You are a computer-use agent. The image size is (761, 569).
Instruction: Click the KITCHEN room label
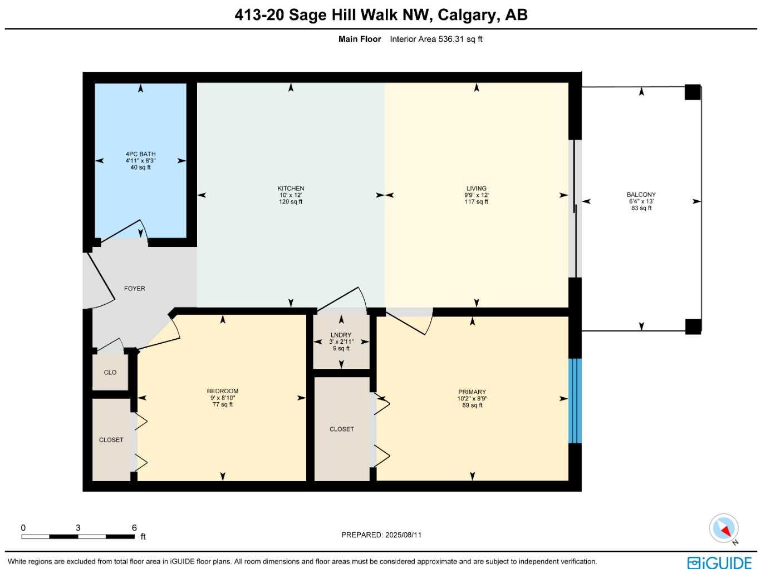coord(291,189)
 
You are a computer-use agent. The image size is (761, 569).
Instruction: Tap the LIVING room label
coord(477,189)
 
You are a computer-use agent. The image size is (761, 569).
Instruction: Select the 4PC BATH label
coord(140,154)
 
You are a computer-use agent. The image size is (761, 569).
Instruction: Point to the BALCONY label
coord(641,195)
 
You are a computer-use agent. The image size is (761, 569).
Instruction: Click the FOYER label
coord(134,289)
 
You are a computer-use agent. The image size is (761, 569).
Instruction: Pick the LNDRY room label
coord(341,335)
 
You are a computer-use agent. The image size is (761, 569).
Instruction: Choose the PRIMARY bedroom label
coord(472,392)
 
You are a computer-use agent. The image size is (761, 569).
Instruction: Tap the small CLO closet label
coord(110,373)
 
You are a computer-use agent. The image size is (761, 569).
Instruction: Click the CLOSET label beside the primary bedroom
coord(341,429)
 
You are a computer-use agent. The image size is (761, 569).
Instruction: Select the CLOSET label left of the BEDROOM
coord(111,440)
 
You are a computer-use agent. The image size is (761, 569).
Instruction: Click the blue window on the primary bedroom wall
coord(575,401)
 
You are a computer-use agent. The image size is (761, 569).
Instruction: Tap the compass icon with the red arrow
coord(724,528)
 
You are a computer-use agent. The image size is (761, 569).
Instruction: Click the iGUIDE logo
coord(719,562)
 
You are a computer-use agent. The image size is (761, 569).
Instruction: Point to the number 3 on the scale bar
coord(78,528)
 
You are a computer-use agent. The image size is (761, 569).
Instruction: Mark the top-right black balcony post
coord(693,92)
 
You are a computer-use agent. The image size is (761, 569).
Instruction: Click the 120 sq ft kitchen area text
coord(291,202)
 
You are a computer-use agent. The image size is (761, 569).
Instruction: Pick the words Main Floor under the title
coord(360,39)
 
